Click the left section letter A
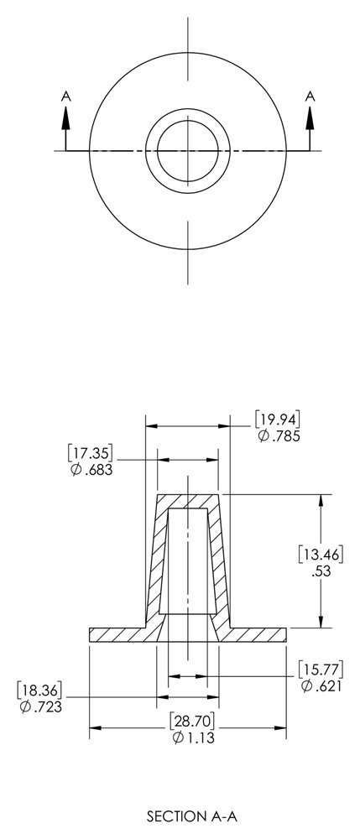65,96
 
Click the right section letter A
310,96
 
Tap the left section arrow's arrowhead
65,118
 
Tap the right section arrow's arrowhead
310,118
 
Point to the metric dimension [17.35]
91,453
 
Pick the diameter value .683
91,471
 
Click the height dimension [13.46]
321,555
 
